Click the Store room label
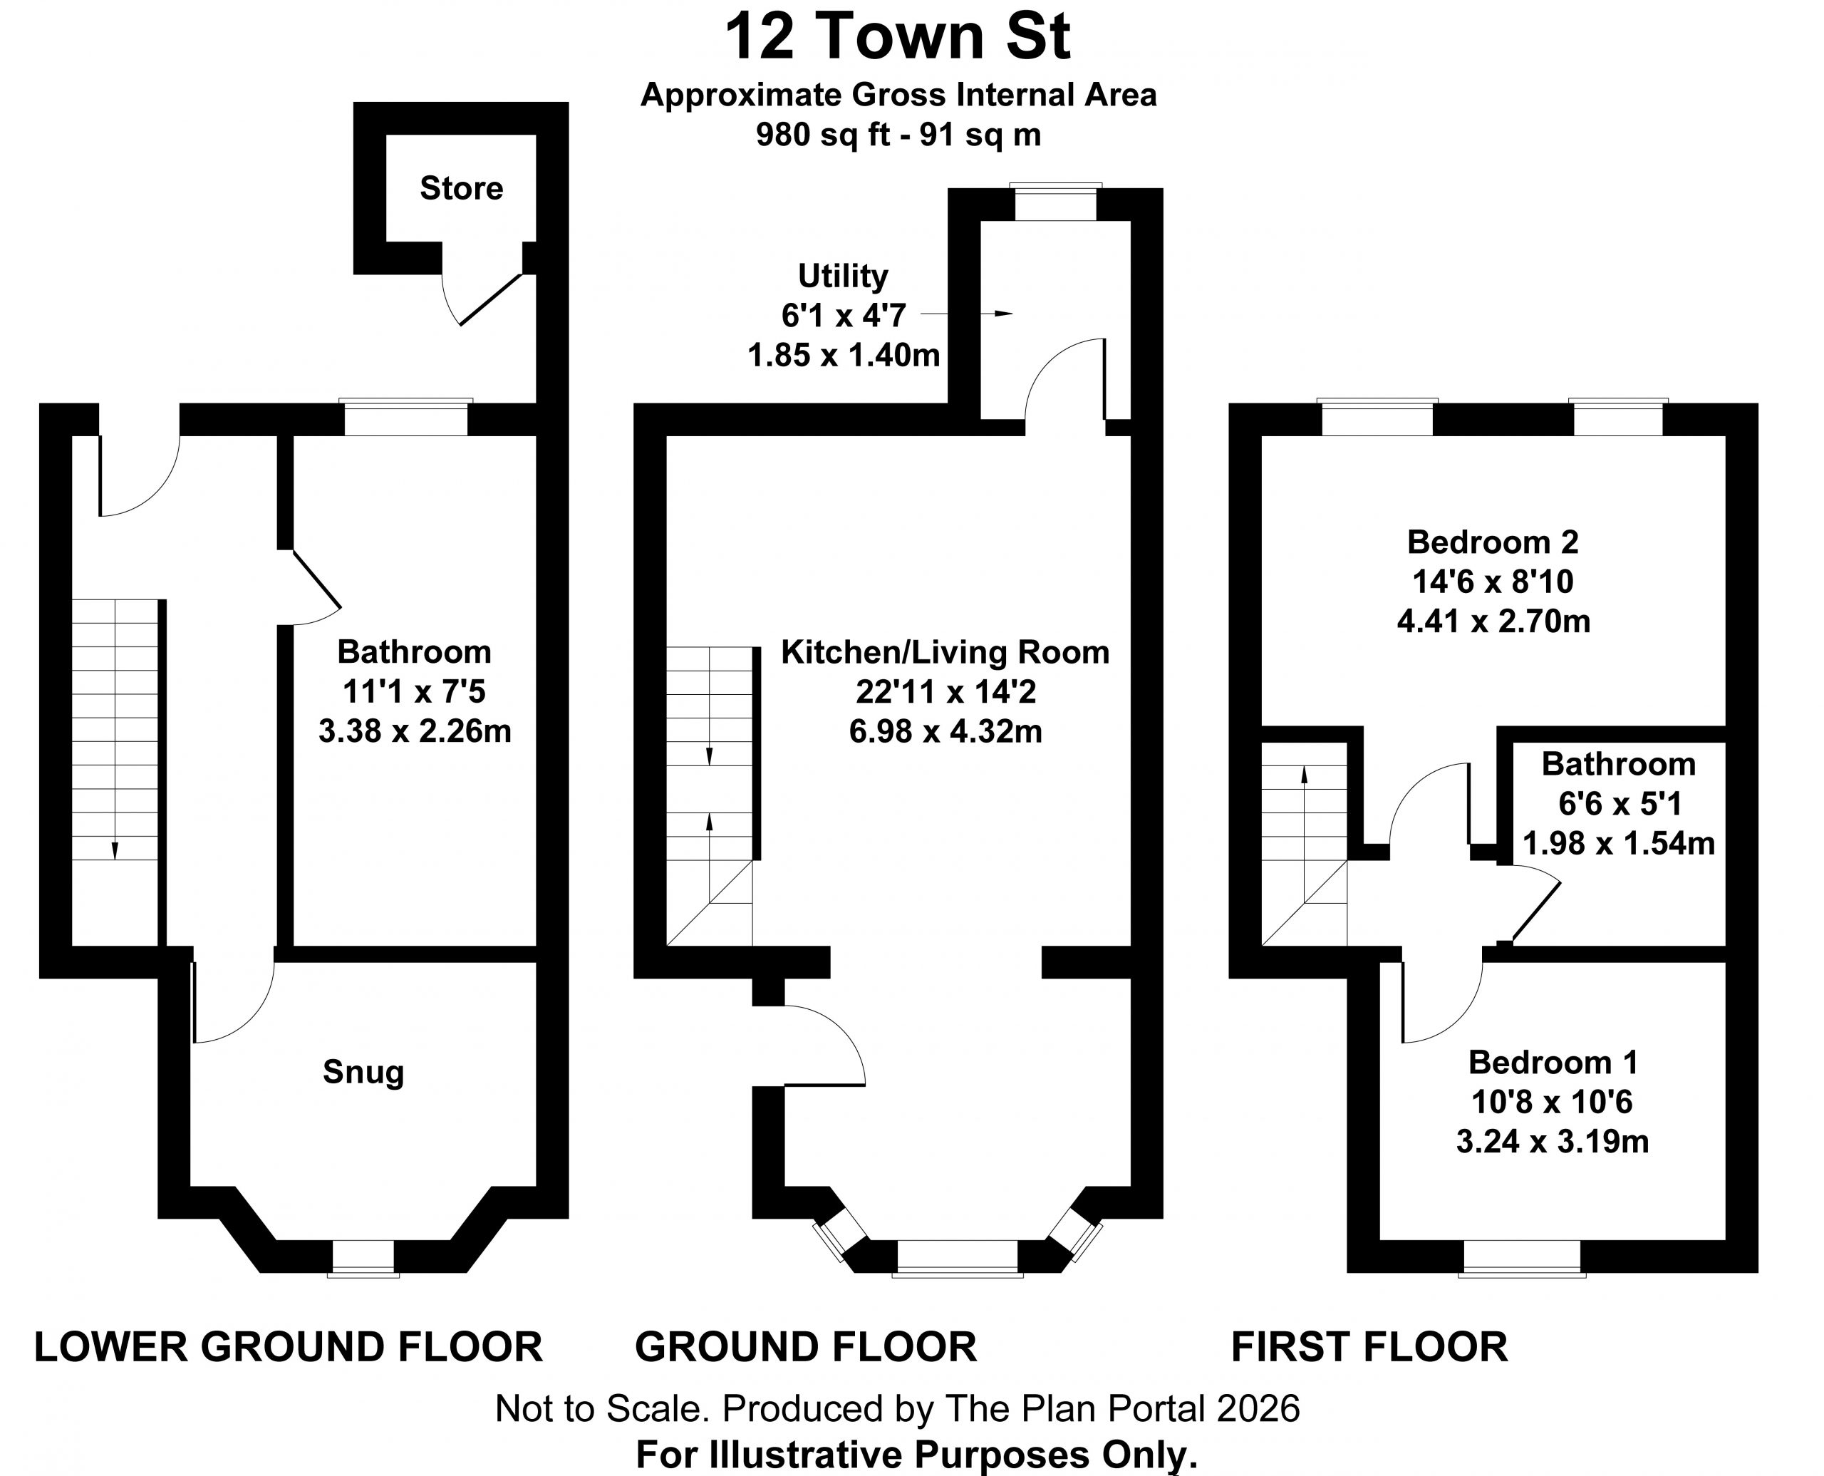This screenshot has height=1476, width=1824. point(462,188)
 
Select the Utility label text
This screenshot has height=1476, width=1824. point(843,277)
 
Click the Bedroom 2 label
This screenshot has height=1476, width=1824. point(1493,542)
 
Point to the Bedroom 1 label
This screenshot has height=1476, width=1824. point(1553,1062)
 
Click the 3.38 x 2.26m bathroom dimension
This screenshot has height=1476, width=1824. point(415,731)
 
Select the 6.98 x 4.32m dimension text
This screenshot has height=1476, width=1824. point(945,731)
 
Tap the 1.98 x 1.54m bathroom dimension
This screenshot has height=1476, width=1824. point(1618,843)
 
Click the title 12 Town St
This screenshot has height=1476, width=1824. point(898,37)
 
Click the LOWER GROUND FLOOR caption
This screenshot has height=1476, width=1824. point(288,1347)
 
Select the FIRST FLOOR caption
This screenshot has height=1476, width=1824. point(1369,1347)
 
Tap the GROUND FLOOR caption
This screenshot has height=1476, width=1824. point(806,1347)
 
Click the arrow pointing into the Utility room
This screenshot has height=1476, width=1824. point(966,314)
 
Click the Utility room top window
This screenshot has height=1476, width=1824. point(1056,203)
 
